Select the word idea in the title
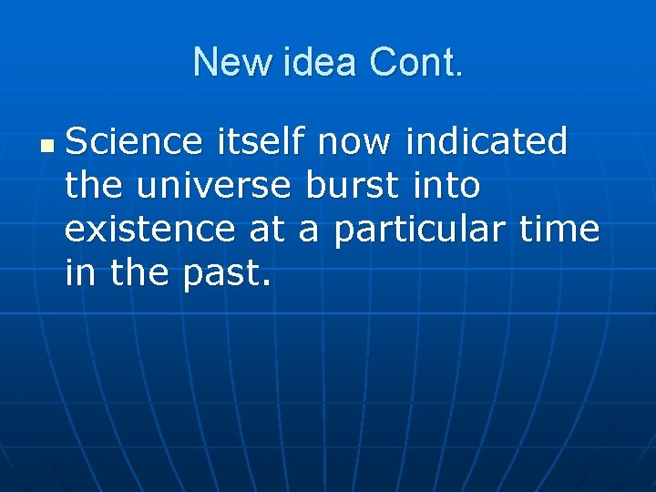click(x=311, y=63)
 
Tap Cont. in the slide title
click(x=415, y=63)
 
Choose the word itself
click(x=262, y=142)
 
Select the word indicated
click(x=487, y=142)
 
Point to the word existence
click(x=149, y=230)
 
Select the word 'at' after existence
click(x=267, y=230)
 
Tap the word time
click(x=559, y=230)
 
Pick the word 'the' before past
click(x=140, y=273)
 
